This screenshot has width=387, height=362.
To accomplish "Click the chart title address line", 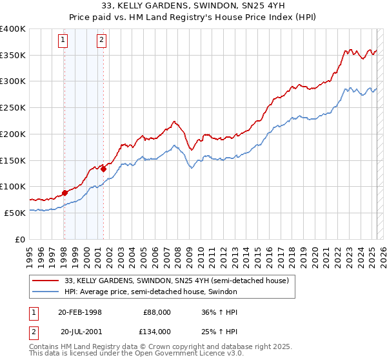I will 193,6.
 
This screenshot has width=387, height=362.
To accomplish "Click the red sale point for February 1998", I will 64,193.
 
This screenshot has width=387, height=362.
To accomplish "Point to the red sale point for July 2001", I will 103,169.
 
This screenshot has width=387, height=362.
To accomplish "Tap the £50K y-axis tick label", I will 15,212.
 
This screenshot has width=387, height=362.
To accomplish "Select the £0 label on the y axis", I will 21,239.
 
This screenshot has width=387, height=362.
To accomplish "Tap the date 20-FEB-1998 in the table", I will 79,312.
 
